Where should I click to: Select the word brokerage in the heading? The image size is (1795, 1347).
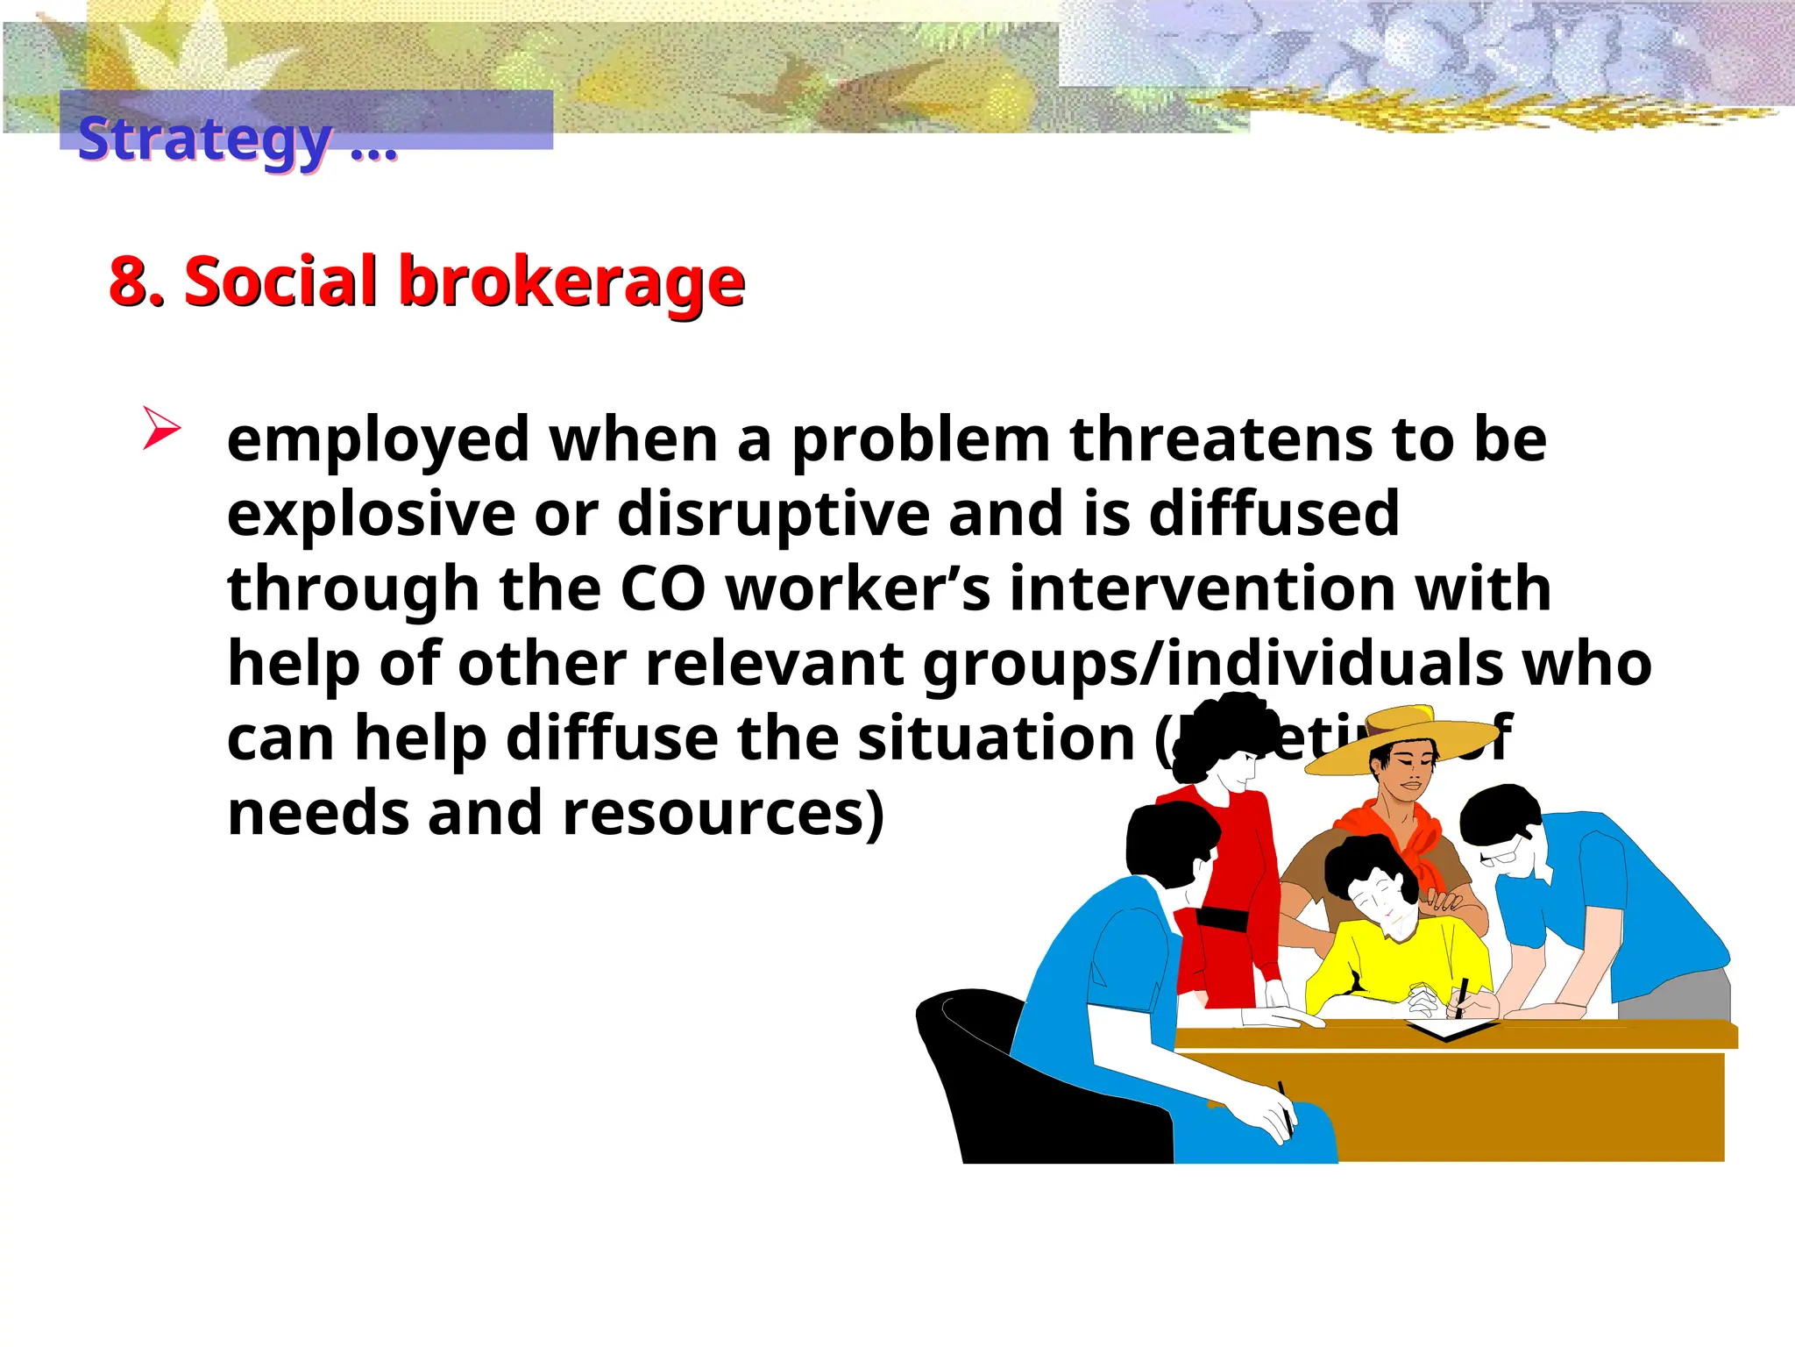(571, 283)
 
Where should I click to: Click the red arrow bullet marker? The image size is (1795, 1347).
(160, 429)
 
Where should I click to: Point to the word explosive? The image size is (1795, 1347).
(372, 515)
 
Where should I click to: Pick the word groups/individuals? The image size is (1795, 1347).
(1214, 664)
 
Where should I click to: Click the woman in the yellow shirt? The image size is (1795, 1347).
(1394, 947)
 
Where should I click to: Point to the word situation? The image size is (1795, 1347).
(996, 739)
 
